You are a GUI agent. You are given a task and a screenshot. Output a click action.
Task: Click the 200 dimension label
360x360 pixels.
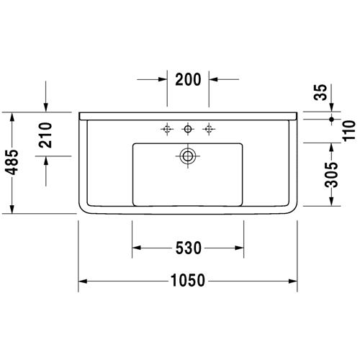point(188,79)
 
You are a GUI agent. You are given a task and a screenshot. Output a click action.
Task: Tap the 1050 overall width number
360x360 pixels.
point(188,280)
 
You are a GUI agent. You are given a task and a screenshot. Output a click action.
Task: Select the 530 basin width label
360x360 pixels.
point(189,248)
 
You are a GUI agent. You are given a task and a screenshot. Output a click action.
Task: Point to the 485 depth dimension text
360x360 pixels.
point(12,162)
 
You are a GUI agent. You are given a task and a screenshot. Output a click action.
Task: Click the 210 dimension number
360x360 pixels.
point(45,135)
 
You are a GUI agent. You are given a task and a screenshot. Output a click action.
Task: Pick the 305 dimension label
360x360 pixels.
point(331,175)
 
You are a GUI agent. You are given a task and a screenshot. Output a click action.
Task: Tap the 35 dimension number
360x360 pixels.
point(320,92)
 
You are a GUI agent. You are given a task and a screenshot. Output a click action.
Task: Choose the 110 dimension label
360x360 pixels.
point(349,131)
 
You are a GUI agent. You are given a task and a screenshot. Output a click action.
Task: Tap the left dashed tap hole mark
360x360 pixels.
point(167,129)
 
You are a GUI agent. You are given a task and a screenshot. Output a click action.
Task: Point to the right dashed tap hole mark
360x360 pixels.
point(209,129)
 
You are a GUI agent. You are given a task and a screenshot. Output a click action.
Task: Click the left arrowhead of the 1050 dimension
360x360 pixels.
point(83,281)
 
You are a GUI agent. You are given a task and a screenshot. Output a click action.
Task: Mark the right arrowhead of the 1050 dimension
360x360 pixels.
point(293,281)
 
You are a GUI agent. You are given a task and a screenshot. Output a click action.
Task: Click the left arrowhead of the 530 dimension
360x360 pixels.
point(137,248)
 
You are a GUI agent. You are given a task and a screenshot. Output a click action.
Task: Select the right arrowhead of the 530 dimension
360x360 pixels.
point(239,248)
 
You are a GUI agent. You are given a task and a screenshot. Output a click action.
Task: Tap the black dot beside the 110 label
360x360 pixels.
point(332,119)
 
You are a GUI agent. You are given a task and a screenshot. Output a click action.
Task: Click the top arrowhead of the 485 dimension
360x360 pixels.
point(12,117)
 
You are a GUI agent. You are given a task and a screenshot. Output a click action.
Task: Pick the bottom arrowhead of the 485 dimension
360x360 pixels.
point(12,209)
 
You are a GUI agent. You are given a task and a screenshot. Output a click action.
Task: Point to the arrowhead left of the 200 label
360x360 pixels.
point(163,79)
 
